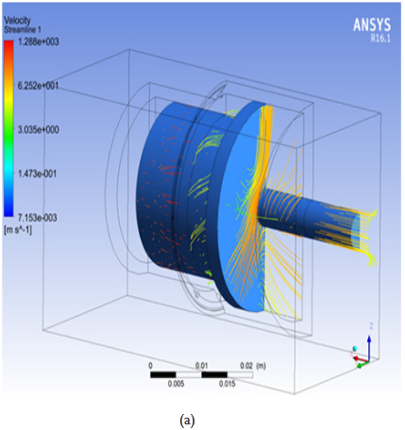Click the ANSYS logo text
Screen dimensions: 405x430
click(372, 25)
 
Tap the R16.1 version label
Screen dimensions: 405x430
click(380, 39)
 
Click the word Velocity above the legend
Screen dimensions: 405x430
click(17, 21)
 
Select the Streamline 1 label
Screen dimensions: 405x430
click(23, 30)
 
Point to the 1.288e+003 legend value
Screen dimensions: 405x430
click(39, 41)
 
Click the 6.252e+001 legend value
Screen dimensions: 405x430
click(39, 86)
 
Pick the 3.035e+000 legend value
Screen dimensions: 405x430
click(39, 129)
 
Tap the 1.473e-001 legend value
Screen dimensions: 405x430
click(38, 174)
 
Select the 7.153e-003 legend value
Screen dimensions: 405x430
click(38, 217)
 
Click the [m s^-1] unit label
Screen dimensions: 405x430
click(18, 230)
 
